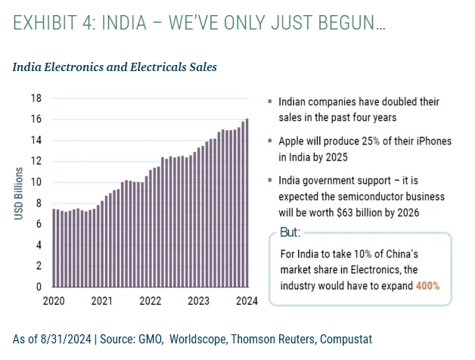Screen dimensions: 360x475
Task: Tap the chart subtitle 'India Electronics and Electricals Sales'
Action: [115, 67]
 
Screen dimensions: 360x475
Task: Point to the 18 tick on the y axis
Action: [36, 98]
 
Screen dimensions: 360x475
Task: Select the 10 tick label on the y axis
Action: [36, 182]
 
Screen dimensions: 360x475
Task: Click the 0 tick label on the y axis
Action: [39, 287]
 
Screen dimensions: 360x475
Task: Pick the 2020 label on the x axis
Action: [53, 300]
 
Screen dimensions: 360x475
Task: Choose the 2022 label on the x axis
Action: [150, 300]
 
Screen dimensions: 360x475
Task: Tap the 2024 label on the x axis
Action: [247, 300]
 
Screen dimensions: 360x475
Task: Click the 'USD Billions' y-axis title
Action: [19, 194]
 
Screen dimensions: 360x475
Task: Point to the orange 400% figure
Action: [427, 287]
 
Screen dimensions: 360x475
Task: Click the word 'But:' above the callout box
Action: [290, 232]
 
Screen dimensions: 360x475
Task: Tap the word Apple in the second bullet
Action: [293, 141]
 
